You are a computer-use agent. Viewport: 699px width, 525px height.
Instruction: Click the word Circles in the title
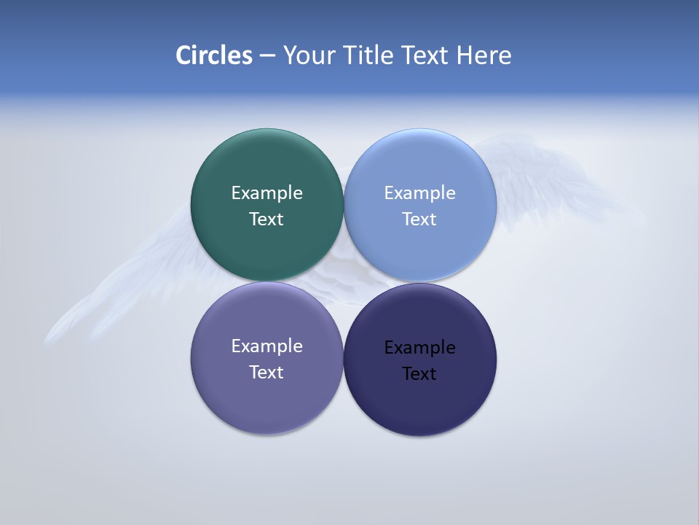pyautogui.click(x=214, y=55)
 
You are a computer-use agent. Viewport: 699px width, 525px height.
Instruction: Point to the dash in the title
pyautogui.click(x=267, y=56)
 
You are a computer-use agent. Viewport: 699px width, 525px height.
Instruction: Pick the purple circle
pyautogui.click(x=266, y=397)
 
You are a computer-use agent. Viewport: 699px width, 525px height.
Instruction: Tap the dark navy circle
pyautogui.click(x=420, y=401)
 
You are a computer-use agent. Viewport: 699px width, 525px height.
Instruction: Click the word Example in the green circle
pyautogui.click(x=266, y=193)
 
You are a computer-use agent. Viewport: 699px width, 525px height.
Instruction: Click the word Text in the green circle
pyautogui.click(x=266, y=219)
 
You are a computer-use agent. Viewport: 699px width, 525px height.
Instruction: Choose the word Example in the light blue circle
pyautogui.click(x=420, y=193)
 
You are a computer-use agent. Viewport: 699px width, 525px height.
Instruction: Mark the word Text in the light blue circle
pyautogui.click(x=420, y=219)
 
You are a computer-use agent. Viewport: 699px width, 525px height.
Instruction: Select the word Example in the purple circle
pyautogui.click(x=266, y=346)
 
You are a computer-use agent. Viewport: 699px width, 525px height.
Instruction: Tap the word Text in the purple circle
pyautogui.click(x=266, y=373)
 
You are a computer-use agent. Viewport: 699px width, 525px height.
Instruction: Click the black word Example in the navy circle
pyautogui.click(x=420, y=348)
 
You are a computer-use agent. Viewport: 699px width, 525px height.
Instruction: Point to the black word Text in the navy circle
pyautogui.click(x=420, y=374)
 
